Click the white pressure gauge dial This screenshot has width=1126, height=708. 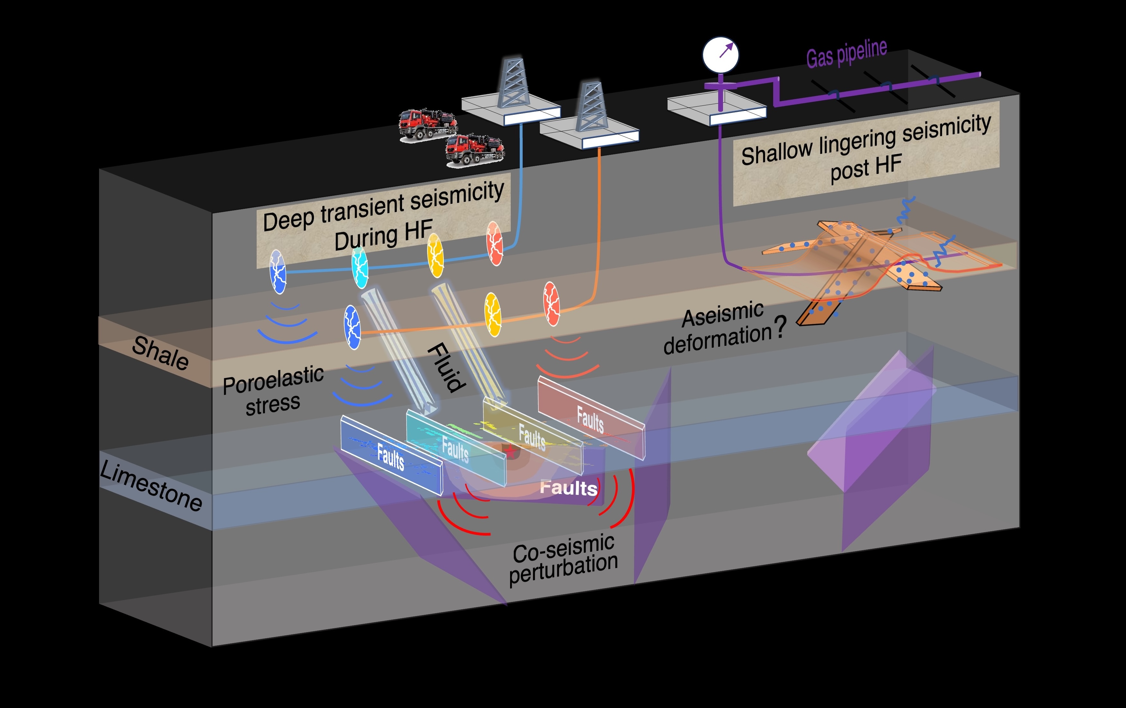[720, 55]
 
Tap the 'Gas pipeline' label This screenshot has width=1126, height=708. [847, 54]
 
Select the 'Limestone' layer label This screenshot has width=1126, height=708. [151, 486]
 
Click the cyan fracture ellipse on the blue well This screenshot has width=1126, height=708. [360, 267]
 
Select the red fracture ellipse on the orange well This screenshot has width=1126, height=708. [551, 304]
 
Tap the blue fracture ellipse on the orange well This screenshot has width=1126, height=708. [352, 327]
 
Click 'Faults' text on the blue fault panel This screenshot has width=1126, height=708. [390, 457]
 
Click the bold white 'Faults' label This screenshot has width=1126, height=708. [568, 488]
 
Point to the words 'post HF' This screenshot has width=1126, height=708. [866, 168]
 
